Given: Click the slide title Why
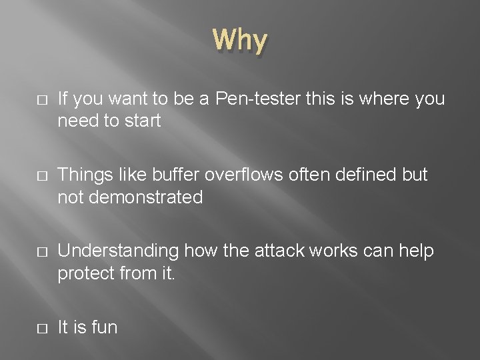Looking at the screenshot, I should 241,41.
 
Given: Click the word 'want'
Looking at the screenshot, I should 134,100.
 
